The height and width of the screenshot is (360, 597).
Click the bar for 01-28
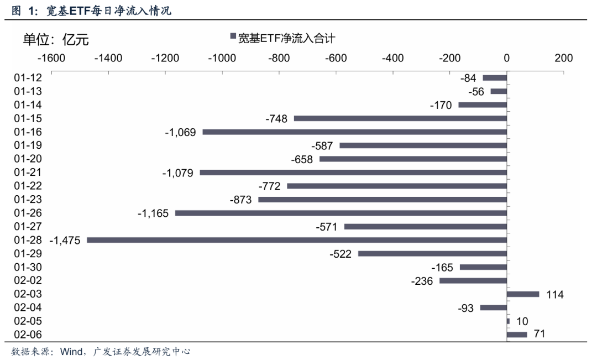(x=297, y=240)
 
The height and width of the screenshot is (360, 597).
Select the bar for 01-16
(x=354, y=132)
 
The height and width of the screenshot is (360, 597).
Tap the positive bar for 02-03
(x=522, y=294)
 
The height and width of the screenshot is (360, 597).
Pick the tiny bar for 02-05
(x=508, y=321)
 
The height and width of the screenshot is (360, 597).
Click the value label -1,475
(x=65, y=241)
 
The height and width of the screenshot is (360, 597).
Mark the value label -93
(x=465, y=308)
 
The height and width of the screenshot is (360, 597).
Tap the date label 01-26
(x=28, y=213)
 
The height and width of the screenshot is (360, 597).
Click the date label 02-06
(x=28, y=335)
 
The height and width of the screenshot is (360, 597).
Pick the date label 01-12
(x=28, y=78)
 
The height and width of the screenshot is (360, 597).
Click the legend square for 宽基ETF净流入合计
(x=233, y=38)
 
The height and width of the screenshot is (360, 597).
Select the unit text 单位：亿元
(x=55, y=39)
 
